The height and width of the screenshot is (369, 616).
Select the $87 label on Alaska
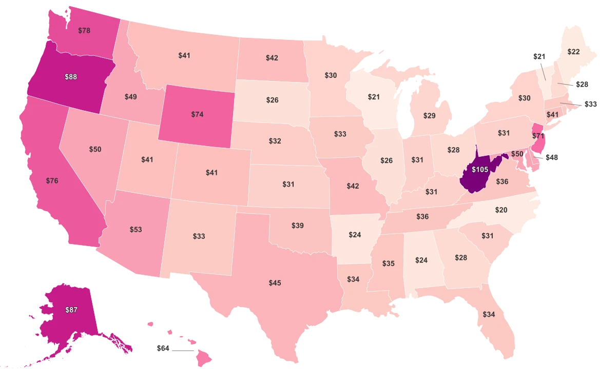coord(71,310)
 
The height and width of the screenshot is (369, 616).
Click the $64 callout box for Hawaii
coord(163,348)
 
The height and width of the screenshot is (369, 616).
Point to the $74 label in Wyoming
coord(197,114)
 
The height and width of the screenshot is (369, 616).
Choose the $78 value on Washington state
coord(84,30)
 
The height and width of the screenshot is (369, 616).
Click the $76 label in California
coord(52,181)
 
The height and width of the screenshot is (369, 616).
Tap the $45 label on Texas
coord(275,282)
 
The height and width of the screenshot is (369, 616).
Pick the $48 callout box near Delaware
coord(551,158)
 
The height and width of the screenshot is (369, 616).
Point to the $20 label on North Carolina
coord(501,210)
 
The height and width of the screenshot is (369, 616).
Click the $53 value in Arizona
coord(136,229)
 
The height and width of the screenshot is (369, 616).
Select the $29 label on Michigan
coord(429,116)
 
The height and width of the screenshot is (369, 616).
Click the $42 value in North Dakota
coord(272,58)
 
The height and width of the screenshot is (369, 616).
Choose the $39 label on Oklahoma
coord(297,225)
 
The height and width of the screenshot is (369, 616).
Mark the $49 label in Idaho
coord(130,96)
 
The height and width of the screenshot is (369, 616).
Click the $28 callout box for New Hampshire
coord(582,84)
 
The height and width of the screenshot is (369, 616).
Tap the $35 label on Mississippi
coord(388,263)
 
